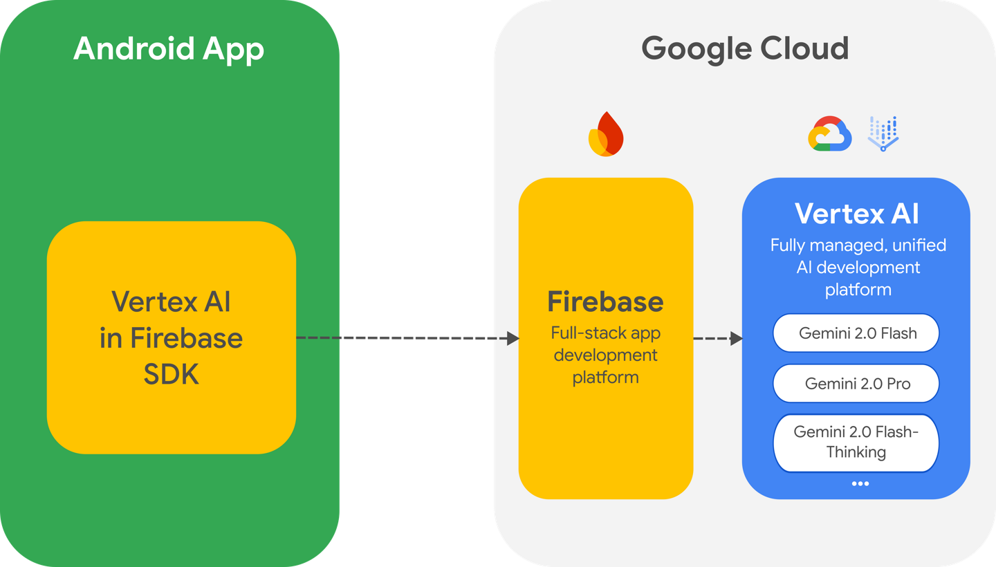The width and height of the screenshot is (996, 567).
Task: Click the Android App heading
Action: (169, 49)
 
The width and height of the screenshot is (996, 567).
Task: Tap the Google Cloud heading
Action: (745, 49)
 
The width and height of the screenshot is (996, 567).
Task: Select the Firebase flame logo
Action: (605, 134)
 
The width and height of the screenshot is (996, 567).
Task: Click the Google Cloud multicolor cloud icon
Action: (829, 134)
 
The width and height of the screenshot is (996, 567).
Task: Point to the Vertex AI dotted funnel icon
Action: (883, 134)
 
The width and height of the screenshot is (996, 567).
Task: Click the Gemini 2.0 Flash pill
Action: (856, 333)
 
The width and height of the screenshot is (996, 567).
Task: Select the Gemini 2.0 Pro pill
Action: (856, 384)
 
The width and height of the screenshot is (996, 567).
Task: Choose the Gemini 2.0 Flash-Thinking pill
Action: (856, 443)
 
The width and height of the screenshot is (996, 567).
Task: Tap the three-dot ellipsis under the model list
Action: (860, 483)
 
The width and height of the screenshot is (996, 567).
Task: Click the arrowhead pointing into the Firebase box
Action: (513, 338)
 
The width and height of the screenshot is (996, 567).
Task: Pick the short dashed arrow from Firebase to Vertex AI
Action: (717, 339)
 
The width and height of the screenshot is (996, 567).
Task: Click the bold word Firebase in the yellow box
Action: (605, 302)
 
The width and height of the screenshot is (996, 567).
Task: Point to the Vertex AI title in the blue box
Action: (856, 214)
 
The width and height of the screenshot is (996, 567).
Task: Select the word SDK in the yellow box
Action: (172, 374)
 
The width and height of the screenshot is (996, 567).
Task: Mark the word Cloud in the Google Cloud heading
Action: (804, 49)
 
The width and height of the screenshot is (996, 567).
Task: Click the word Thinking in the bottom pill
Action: (856, 452)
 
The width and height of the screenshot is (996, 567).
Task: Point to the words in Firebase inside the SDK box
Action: (172, 338)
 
